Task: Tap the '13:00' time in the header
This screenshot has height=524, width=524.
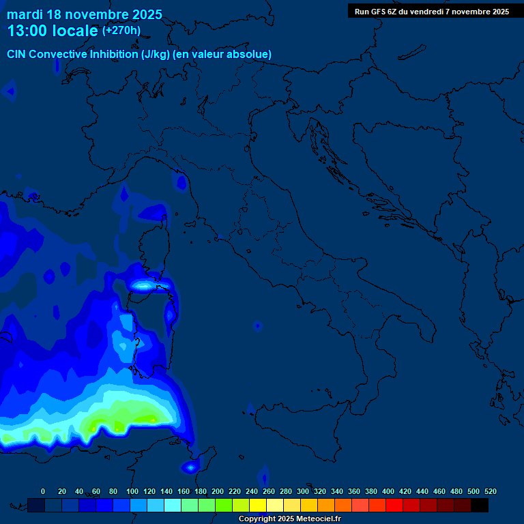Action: click(x=27, y=31)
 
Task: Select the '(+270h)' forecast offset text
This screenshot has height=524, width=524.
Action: click(x=121, y=31)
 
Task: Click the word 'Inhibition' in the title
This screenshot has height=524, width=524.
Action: click(x=113, y=55)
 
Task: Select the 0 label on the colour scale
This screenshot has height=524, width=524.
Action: click(x=43, y=491)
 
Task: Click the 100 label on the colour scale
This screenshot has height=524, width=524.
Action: click(x=132, y=491)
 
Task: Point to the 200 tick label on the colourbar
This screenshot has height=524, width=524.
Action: click(x=218, y=491)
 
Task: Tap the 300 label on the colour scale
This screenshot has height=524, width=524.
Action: click(x=303, y=491)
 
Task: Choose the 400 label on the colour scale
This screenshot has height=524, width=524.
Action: click(x=388, y=491)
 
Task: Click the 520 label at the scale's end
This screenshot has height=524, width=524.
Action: click(x=490, y=491)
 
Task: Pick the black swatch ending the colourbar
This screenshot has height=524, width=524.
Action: click(x=480, y=505)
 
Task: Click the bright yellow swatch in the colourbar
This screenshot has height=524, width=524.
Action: click(x=258, y=505)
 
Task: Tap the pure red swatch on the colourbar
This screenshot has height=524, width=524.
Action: click(x=394, y=505)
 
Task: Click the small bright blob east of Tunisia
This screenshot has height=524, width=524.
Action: click(x=189, y=467)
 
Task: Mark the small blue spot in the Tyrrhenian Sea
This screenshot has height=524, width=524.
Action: click(x=257, y=326)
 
